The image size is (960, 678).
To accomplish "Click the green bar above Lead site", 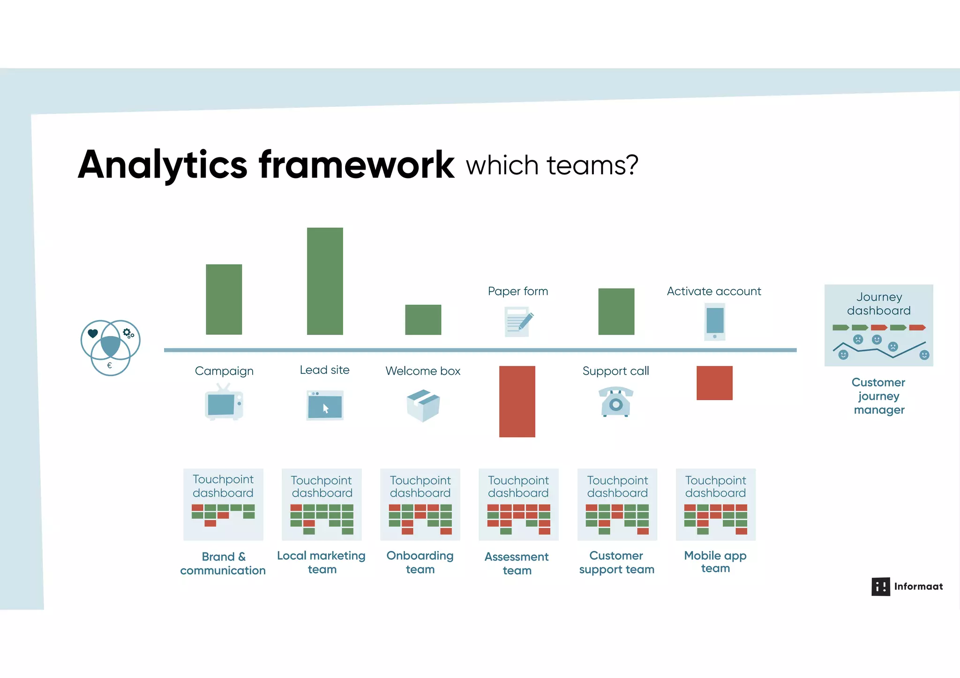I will pos(325,281).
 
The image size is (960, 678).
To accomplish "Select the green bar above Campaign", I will pos(224,299).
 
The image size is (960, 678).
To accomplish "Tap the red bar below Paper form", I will pos(517,402).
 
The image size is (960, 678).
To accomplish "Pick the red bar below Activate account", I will pos(714,383).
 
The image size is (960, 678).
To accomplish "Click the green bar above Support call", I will pos(616,312).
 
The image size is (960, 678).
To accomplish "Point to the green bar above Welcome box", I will pos(423,320).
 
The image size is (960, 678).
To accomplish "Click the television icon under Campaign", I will pos(224,403).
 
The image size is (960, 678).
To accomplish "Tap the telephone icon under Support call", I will pos(616,402).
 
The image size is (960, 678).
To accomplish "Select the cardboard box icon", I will pos(423,405).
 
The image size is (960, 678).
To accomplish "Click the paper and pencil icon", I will pos(518,322).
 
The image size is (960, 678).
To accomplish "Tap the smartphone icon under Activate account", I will pos(715,322).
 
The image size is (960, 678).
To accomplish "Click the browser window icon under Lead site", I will pos(325,405).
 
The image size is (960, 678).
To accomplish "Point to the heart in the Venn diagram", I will pos(93,333).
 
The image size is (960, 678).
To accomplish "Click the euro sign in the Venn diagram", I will pos(109,365).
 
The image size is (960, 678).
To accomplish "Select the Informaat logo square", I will pos(880,587).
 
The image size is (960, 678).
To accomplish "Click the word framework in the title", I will pos(356,165).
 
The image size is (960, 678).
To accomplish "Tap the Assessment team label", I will pos(517,563).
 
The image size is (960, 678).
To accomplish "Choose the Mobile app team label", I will pos(715,562).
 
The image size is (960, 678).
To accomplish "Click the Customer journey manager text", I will pos(878,396).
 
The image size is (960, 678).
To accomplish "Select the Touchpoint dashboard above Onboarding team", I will pos(420,505).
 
